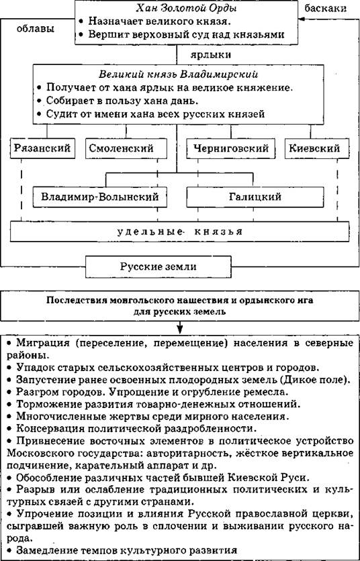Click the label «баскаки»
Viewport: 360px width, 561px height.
(x=325, y=8)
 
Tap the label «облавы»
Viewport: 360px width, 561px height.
(x=36, y=29)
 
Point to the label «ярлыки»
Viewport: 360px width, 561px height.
(x=210, y=55)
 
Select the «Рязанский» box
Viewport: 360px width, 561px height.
(x=42, y=148)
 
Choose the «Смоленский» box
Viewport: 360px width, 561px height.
(x=126, y=148)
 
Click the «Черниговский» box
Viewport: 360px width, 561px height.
(x=231, y=148)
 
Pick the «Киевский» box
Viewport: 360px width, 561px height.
(x=317, y=148)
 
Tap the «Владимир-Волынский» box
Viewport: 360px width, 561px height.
(x=99, y=197)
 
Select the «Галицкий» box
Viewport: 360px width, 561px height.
(x=255, y=197)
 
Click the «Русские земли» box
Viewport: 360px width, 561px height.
(x=158, y=266)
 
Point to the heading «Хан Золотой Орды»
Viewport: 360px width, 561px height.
(x=186, y=8)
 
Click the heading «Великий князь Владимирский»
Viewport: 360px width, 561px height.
(x=178, y=74)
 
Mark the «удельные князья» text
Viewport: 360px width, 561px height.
(x=180, y=232)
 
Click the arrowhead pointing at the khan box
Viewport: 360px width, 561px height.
(x=301, y=19)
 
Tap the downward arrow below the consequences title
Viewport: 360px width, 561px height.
(x=180, y=327)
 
